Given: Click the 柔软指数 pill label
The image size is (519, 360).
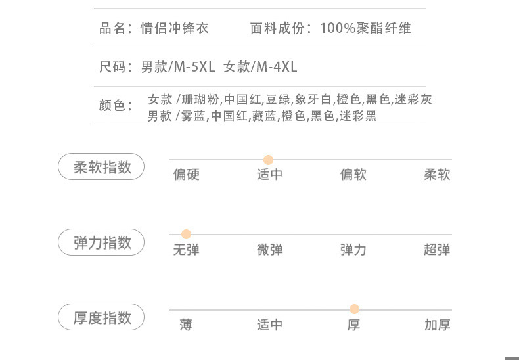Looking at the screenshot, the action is [x=102, y=168].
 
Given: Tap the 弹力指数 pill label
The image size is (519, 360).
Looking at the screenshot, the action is [x=102, y=243].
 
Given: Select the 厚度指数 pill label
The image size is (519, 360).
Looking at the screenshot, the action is [x=102, y=318].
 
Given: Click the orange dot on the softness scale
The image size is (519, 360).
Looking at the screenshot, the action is [x=268, y=160].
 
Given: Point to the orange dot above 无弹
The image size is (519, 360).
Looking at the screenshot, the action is [x=186, y=235].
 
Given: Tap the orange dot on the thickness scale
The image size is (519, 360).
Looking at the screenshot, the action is [x=354, y=309].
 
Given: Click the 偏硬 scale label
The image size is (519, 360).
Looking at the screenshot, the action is [x=186, y=175].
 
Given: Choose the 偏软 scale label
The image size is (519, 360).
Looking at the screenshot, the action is [x=353, y=175].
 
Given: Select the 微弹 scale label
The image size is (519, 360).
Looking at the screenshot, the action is [x=269, y=250].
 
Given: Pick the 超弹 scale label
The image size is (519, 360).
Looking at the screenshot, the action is [x=437, y=250].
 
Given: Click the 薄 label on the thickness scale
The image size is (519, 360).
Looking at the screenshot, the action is [x=186, y=325].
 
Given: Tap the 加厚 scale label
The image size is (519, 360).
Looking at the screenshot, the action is [x=437, y=325].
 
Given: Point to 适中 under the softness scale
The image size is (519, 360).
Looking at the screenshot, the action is [x=269, y=175].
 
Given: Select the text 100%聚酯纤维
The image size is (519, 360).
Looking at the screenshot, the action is [x=366, y=28].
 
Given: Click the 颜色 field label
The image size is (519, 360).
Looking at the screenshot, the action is [x=116, y=105].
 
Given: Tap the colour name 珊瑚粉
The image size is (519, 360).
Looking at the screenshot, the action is [x=200, y=100].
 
